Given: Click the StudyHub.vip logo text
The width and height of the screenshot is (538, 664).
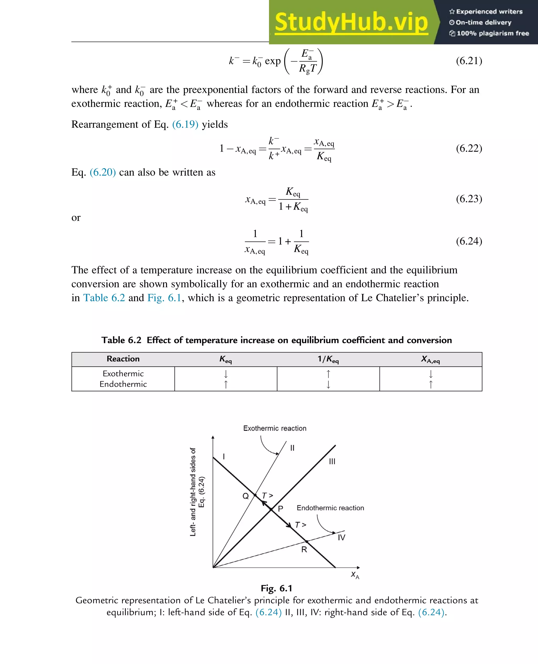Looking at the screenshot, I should pos(351,22).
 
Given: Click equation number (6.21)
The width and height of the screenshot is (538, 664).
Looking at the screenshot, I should pos(469,61).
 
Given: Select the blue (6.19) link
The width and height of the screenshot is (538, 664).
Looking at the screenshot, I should pos(185,124).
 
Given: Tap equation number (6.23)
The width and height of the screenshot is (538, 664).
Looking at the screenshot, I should pos(469,199).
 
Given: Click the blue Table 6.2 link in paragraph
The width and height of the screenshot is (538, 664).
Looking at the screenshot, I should pos(104,298).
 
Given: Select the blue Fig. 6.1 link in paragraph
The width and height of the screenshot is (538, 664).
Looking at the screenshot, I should pos(164,298).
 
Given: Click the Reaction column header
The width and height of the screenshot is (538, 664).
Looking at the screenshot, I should pos(123,359).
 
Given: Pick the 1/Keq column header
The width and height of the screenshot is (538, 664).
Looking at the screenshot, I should pos(328,359).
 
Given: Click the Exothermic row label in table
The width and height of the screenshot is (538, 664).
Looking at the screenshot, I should pos(123,374).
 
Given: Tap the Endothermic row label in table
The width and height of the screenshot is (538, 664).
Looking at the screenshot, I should pos(123,384).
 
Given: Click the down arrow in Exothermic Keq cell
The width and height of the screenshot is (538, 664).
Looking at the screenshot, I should pos(226,374).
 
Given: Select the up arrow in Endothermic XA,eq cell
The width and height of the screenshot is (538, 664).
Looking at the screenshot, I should pos(431,385).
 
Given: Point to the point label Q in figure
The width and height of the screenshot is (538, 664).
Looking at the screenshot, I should pos(245,496).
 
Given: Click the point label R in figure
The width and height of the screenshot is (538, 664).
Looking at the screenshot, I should pos(304,550).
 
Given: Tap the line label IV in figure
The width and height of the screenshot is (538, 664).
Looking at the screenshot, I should pos(341,538).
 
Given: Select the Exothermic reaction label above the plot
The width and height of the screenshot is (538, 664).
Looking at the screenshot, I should pos(275,428).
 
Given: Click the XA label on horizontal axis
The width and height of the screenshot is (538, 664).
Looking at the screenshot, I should pos(355,575).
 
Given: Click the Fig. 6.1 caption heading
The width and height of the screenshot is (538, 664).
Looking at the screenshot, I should pos(276,588).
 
